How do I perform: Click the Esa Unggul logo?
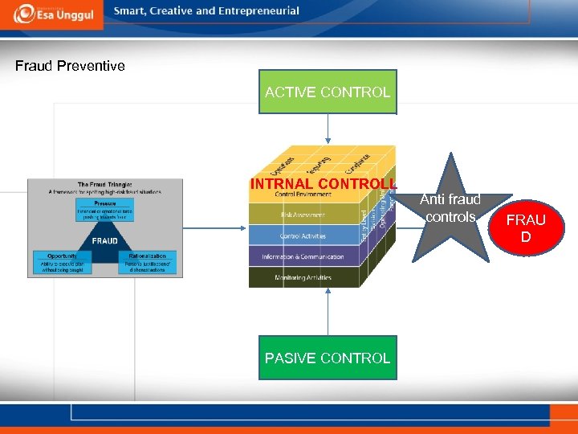coord(51,14)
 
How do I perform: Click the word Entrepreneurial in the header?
coord(260,11)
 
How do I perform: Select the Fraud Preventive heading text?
coord(70,66)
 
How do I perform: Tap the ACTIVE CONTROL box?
coord(328,92)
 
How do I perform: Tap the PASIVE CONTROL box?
coord(328,358)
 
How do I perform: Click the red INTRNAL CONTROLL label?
coord(323,183)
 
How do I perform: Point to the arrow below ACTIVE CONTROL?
coord(328,128)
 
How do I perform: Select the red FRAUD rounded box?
coord(526,228)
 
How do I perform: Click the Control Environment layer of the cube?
coord(302,195)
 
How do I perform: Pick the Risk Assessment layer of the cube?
coord(302,215)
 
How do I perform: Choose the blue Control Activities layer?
coord(302,235)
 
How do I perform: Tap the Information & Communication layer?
coord(302,257)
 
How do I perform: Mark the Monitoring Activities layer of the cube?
coord(302,277)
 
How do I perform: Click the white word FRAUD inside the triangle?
coord(104,240)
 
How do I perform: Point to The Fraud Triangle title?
coord(105,184)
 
